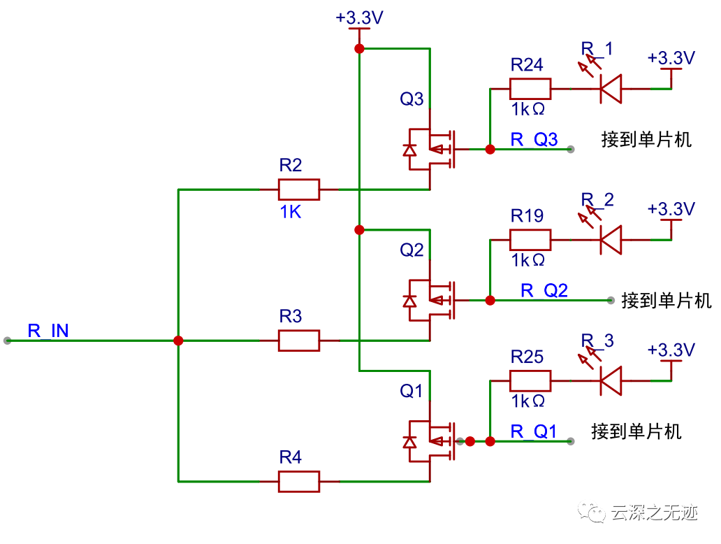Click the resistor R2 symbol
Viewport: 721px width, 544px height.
(x=298, y=189)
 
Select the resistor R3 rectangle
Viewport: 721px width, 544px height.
(x=298, y=341)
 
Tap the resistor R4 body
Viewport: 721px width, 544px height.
(x=298, y=481)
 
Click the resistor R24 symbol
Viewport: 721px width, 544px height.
(x=530, y=89)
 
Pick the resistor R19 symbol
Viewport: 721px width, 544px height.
(x=530, y=240)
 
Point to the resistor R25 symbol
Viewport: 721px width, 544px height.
(x=530, y=381)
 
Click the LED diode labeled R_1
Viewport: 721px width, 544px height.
(x=611, y=89)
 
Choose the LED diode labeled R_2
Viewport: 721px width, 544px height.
(x=611, y=240)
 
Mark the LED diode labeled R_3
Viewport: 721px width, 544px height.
(x=611, y=381)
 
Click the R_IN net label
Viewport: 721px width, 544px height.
(x=48, y=331)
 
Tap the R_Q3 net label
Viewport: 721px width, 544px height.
(x=534, y=139)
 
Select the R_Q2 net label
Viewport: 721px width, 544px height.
(x=544, y=290)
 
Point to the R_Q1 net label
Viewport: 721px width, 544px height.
(x=534, y=431)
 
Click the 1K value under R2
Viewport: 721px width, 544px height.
(x=291, y=212)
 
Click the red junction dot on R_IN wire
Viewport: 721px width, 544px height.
(x=178, y=341)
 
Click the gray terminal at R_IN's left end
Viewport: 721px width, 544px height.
(x=8, y=341)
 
